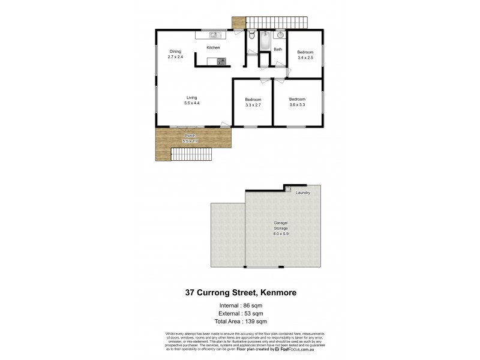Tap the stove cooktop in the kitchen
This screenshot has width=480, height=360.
tap(221, 61)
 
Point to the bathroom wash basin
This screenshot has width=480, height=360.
tap(278, 35)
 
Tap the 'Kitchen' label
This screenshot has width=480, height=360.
tap(213, 47)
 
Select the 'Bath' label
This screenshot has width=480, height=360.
tap(278, 50)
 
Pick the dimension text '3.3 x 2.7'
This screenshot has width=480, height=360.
tap(253, 105)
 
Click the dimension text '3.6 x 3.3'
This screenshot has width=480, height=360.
tap(297, 105)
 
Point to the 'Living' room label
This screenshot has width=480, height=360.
tap(191, 98)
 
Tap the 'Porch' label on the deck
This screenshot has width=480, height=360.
tap(190, 136)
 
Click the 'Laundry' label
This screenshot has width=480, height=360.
tap(302, 193)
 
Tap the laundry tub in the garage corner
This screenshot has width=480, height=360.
tap(288, 188)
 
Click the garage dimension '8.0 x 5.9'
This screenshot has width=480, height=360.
tap(282, 234)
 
